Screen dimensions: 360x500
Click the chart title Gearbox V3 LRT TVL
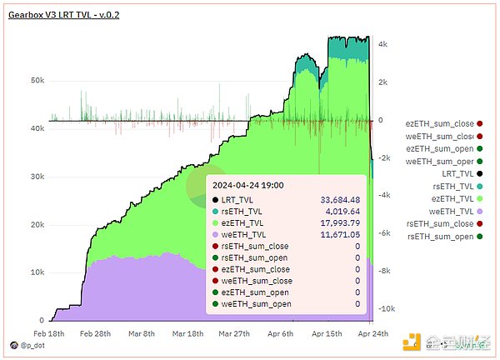coord(63,16)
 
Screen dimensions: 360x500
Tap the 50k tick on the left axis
coord(37,81)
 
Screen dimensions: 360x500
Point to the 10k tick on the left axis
coord(37,272)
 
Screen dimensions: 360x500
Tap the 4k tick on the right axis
coord(384,44)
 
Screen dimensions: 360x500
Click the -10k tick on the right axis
coord(387,308)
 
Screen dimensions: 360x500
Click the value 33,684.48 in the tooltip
coord(336,200)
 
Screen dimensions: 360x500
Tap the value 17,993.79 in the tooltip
coord(336,223)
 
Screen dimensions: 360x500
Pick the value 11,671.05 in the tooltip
coord(336,235)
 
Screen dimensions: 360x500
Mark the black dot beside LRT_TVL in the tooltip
coord(216,200)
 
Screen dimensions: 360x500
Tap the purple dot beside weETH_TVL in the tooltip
coord(216,235)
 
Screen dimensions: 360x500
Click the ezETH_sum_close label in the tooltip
coord(257,269)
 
